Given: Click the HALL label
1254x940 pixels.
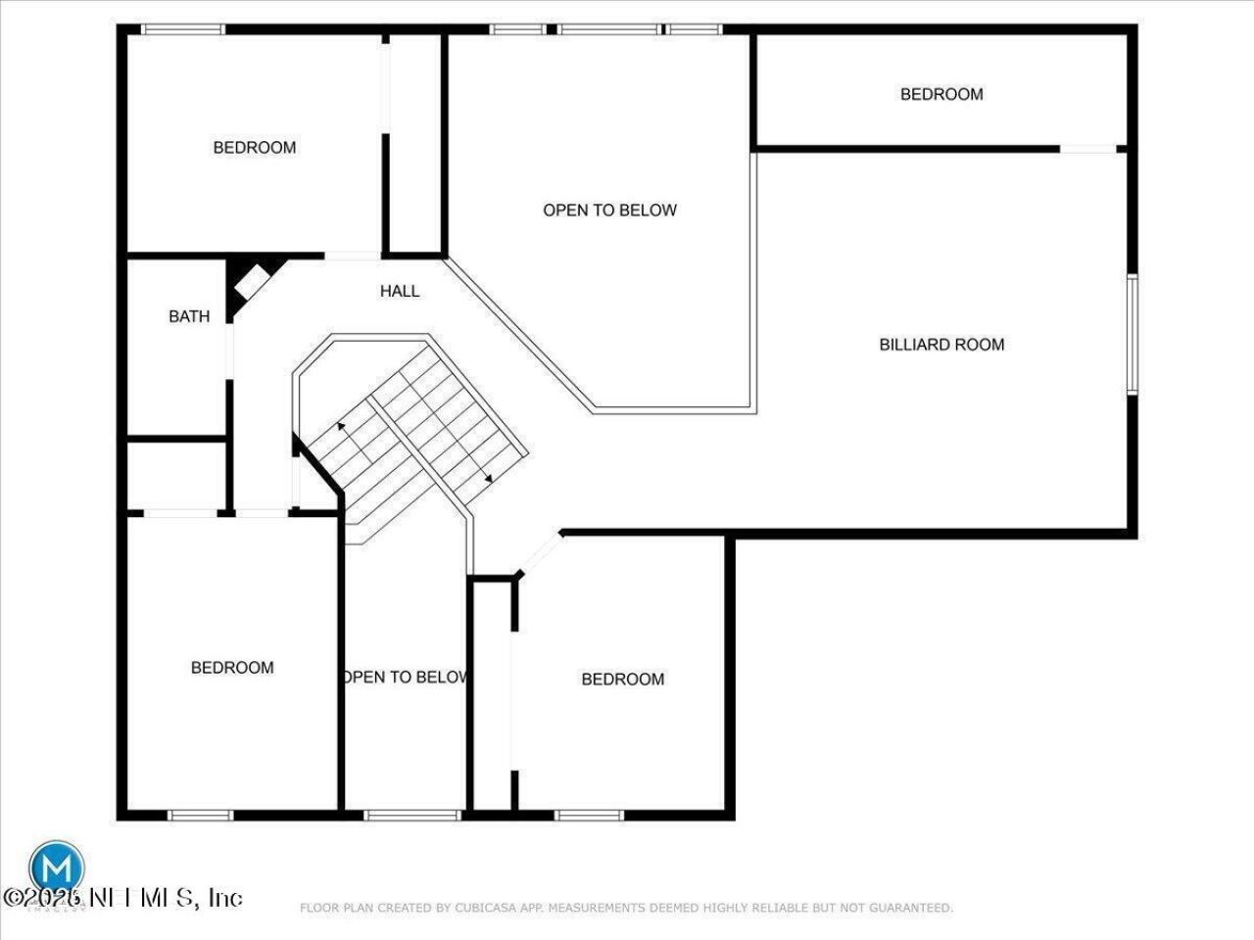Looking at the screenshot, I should click(x=400, y=291).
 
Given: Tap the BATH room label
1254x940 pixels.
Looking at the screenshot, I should click(x=189, y=316).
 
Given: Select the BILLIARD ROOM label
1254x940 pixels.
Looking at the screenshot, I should click(x=941, y=344).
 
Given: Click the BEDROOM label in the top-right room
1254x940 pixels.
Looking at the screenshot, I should click(x=941, y=94).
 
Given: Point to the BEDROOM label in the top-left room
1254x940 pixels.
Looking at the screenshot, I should click(x=255, y=148).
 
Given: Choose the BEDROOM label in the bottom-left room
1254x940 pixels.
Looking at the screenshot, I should click(x=232, y=668).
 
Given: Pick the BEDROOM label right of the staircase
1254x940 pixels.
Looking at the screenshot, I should click(x=623, y=680).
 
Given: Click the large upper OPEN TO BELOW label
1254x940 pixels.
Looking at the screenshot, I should click(x=609, y=210).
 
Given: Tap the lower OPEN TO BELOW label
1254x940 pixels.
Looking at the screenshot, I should click(x=406, y=677).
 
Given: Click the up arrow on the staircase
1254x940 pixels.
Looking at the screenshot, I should click(x=341, y=426).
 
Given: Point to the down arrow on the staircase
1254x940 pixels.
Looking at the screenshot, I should click(x=488, y=478).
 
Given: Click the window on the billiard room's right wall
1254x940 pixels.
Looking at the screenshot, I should click(x=1132, y=334).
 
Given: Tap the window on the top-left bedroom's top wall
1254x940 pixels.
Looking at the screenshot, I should click(x=183, y=29).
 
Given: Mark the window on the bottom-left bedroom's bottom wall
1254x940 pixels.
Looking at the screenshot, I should click(x=201, y=814).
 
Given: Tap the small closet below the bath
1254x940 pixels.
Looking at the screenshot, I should click(x=177, y=475).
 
